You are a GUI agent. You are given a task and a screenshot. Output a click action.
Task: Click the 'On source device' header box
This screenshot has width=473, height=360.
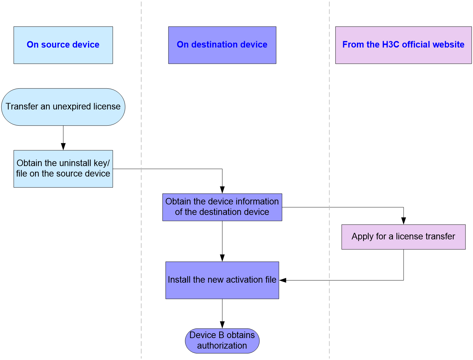point(63,45)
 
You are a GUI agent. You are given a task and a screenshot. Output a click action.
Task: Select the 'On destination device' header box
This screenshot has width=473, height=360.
point(222,45)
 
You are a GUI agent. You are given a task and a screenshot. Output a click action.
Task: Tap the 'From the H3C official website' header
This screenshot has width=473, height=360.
point(403,45)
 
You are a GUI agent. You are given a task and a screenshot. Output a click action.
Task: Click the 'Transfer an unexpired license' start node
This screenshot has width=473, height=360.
point(63,107)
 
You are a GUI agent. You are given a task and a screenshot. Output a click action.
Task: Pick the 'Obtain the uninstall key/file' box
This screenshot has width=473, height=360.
point(63,169)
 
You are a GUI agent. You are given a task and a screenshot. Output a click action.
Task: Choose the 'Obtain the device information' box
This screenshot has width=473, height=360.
point(222,207)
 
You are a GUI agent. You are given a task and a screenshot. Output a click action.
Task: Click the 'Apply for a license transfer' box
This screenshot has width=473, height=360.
point(403,237)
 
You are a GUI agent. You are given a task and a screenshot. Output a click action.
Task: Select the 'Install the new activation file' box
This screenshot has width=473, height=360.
point(222,280)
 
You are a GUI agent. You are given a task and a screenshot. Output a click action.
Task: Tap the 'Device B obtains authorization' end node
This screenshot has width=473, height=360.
point(222,341)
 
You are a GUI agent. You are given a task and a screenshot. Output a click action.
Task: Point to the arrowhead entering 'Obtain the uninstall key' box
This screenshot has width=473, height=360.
point(63,147)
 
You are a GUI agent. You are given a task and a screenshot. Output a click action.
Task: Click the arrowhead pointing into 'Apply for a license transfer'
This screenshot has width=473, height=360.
point(403,221)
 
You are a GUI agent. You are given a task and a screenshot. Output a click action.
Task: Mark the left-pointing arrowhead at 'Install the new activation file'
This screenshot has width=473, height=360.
point(283,280)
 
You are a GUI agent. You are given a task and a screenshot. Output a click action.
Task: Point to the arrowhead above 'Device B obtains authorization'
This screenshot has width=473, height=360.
point(222,325)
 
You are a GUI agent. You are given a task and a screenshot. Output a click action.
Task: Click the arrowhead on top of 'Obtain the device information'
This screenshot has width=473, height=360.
point(222,190)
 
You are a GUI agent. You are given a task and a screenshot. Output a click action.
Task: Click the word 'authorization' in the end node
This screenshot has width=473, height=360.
point(222,346)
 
